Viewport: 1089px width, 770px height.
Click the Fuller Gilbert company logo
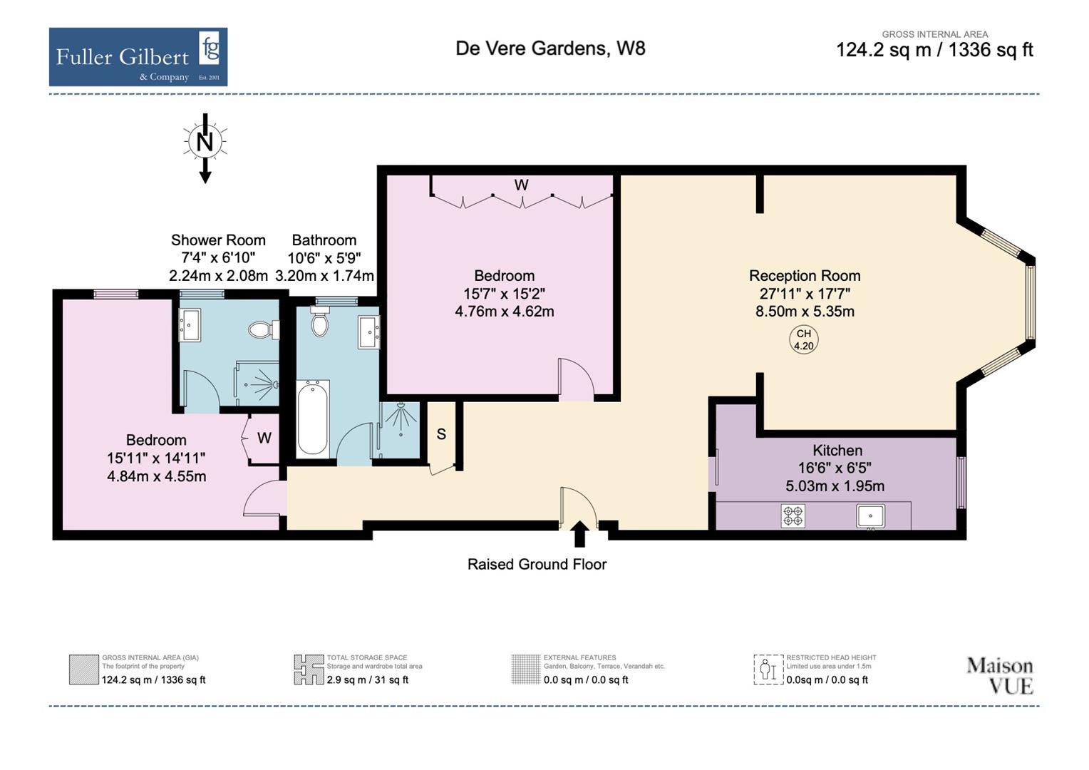coord(138,57)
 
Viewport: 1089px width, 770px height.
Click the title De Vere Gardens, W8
coord(550,48)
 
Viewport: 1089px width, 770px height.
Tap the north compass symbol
coord(205,143)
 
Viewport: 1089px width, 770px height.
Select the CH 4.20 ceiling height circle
coord(803,340)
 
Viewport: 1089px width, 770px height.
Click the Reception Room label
coord(804,276)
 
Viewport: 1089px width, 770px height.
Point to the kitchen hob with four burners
coord(793,515)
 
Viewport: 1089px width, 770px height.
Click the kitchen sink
coord(870,515)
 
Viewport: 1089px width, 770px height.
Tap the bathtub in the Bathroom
coord(312,419)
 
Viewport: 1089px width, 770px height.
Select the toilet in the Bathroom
coord(320,323)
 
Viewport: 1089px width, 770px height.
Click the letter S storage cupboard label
coord(441,434)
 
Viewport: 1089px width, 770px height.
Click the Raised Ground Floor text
coord(537,565)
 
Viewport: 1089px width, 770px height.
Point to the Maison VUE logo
coord(999,675)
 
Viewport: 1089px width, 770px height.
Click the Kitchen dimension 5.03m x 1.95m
coord(835,486)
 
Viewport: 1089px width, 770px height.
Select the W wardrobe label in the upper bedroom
coord(521,185)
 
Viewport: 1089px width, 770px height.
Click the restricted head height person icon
coord(768,670)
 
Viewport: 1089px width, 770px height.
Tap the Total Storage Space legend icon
coord(309,670)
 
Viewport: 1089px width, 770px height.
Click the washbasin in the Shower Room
coord(190,325)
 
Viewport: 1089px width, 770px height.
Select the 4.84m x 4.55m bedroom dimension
coord(156,476)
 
